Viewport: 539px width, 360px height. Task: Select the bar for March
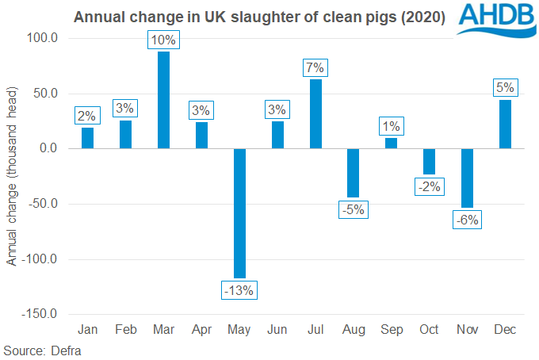click(164, 100)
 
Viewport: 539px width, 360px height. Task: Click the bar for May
click(239, 213)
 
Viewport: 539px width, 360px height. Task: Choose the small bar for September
click(392, 144)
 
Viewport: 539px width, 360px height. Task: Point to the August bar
click(354, 173)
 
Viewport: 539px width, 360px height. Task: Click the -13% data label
click(239, 290)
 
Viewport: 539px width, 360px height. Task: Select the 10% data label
click(164, 40)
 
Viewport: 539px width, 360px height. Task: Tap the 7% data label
click(315, 67)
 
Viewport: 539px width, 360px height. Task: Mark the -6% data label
click(468, 220)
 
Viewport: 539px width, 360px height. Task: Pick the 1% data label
click(392, 125)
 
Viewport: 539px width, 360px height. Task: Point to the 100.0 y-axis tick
click(42, 38)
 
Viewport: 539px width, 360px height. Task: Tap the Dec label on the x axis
click(506, 329)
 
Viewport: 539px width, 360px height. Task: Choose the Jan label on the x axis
click(88, 329)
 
